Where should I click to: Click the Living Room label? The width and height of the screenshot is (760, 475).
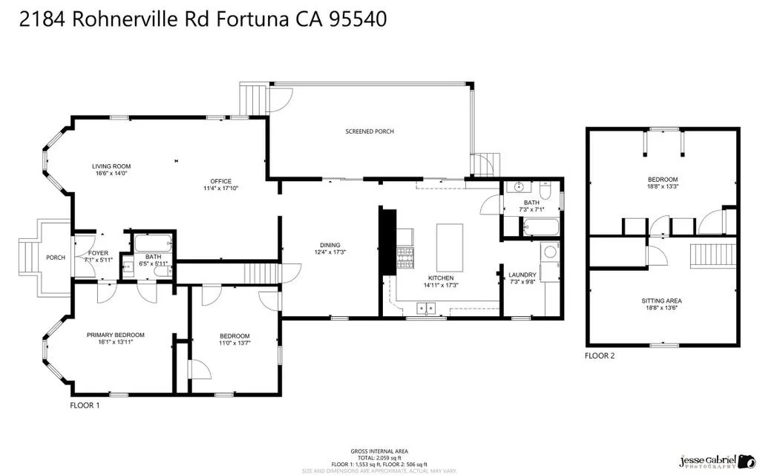click(x=111, y=166)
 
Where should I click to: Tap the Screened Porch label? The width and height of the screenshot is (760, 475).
click(x=370, y=131)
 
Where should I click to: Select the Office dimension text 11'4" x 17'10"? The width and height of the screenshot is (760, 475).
click(x=220, y=189)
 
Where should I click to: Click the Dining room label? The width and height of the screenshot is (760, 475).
click(x=330, y=245)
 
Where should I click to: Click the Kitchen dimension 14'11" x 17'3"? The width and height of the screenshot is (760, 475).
click(x=440, y=285)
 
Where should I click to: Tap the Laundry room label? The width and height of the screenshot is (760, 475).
click(x=522, y=275)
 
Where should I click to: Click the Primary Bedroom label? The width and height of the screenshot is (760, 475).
click(x=115, y=335)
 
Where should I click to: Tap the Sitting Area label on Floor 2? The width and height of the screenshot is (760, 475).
click(x=661, y=301)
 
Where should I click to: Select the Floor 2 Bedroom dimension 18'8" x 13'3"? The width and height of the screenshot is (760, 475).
click(x=661, y=186)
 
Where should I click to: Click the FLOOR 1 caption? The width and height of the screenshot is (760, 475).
click(x=84, y=406)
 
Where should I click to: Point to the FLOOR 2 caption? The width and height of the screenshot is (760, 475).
click(x=600, y=356)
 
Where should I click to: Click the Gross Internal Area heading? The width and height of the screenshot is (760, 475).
click(x=379, y=451)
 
